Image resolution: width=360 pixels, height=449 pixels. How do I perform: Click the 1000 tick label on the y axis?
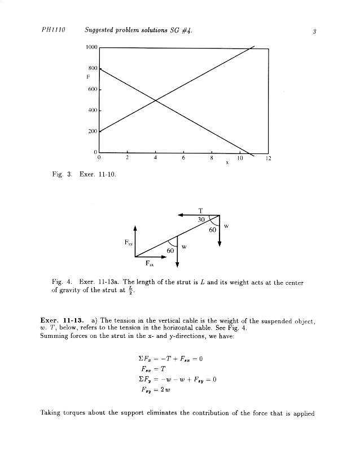[x=92, y=48]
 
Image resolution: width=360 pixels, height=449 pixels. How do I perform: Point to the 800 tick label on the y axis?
[x=93, y=68]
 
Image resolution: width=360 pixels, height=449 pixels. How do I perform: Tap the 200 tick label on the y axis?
[x=93, y=131]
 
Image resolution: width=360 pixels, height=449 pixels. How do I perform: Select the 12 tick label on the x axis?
[x=268, y=159]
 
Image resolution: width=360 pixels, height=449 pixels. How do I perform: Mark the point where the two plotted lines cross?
[x=155, y=100]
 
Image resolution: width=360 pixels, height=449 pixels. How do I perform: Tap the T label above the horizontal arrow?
[x=200, y=210]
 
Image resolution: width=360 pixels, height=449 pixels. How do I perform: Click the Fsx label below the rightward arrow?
[x=150, y=263]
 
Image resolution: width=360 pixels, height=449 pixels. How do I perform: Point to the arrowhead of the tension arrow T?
[x=180, y=215]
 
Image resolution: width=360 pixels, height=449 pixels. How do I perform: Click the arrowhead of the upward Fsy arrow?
[x=135, y=227]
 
